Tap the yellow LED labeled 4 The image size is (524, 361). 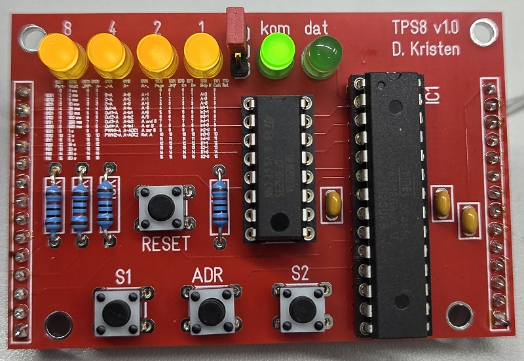coord(108,52)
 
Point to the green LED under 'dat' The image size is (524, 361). coord(322,55)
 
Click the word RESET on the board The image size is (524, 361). coord(166,244)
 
